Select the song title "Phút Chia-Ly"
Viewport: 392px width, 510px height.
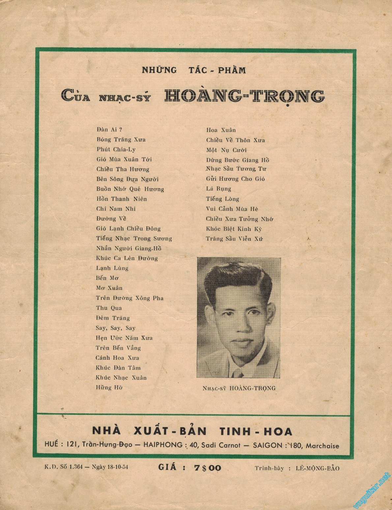tap(116, 149)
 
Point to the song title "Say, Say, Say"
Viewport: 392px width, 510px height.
tap(116, 328)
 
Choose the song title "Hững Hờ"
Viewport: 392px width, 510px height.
tap(109, 388)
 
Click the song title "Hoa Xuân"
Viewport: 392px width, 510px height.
tap(221, 130)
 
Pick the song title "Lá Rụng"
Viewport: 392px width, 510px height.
tap(218, 189)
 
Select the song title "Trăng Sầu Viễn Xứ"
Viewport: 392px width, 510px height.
tap(235, 239)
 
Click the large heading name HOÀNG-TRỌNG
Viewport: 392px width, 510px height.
tap(244, 96)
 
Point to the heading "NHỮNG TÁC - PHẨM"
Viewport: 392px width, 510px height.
tap(194, 70)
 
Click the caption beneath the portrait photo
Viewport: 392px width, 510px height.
tap(239, 388)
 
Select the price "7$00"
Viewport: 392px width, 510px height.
tap(206, 468)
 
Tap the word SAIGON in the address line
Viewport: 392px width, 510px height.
tap(267, 446)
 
